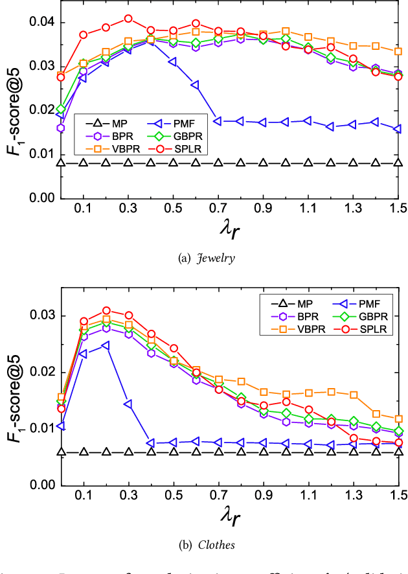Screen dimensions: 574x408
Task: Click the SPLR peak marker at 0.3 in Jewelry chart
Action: (128, 19)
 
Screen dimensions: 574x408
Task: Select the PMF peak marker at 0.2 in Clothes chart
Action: (106, 345)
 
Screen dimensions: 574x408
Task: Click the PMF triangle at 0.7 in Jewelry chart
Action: (218, 121)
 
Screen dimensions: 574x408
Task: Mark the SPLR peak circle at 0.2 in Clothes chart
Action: (106, 311)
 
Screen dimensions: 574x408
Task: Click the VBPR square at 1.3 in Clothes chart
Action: (354, 395)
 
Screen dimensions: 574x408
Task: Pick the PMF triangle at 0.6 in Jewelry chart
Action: (195, 85)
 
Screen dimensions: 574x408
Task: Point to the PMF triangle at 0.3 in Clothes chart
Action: (128, 404)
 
